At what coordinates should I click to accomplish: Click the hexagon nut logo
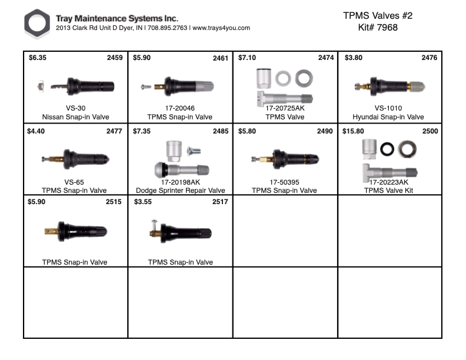38,24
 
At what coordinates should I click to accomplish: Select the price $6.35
37,58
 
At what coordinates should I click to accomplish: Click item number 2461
221,58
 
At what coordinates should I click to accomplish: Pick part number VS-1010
388,109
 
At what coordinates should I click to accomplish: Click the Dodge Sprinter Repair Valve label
180,191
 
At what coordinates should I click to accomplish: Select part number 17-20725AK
285,109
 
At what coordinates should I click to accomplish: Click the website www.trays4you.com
221,28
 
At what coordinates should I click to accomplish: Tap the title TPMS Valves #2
377,16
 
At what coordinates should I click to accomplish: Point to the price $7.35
142,131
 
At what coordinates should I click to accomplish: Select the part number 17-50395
285,182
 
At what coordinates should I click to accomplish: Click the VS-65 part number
75,182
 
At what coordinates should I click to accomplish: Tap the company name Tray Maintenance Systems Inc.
116,18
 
